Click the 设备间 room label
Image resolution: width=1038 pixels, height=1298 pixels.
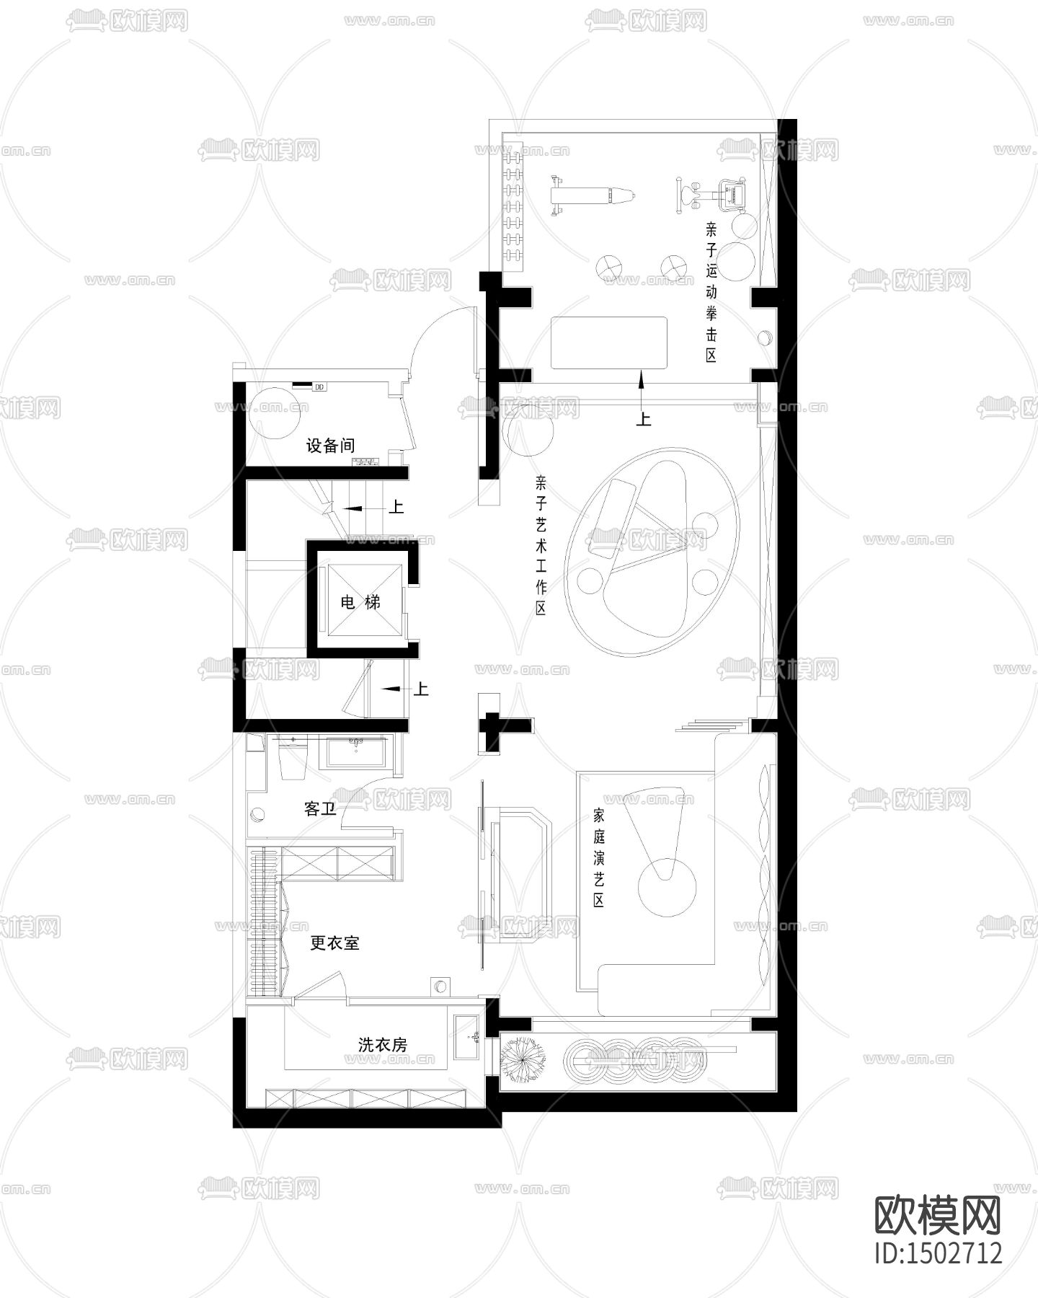click(x=330, y=446)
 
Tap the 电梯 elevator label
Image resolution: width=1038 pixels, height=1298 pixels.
click(x=360, y=602)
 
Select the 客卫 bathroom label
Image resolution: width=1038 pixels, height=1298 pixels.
click(x=320, y=809)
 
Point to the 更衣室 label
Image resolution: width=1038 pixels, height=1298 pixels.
click(x=334, y=942)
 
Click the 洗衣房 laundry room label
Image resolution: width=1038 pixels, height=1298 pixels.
click(x=383, y=1044)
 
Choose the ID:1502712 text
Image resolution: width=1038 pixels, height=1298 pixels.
click(x=938, y=1252)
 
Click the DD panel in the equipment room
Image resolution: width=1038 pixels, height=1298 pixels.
click(x=319, y=387)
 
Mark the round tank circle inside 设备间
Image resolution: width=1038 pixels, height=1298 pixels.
click(x=275, y=414)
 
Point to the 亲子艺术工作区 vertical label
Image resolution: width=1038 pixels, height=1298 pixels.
click(x=541, y=545)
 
